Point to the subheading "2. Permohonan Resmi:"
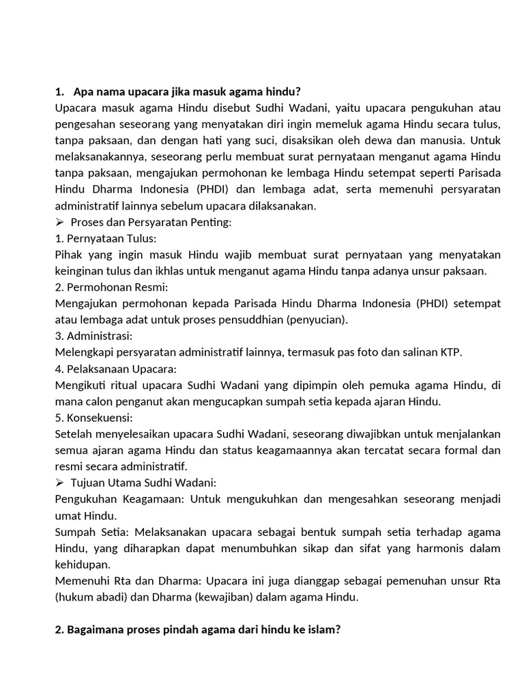click(x=111, y=287)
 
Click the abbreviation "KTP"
click(x=449, y=352)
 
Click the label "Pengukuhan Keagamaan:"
click(x=119, y=499)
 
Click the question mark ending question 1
click(x=298, y=91)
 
